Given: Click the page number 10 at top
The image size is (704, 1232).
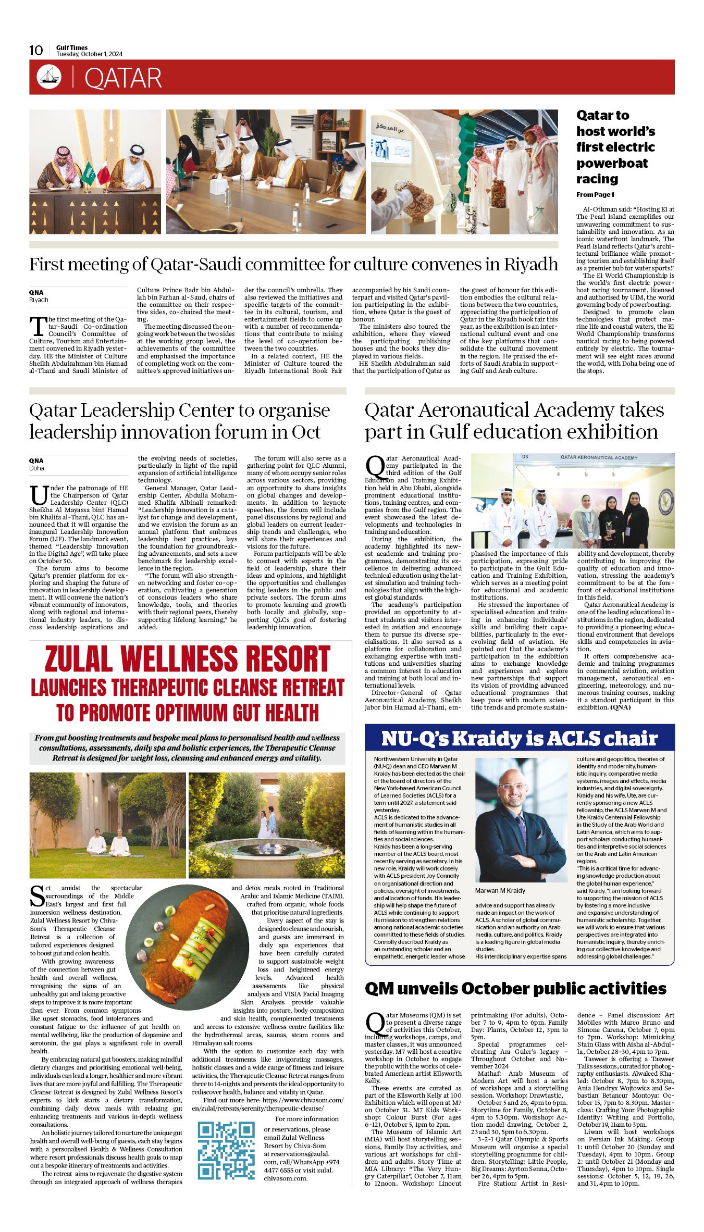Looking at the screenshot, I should [36, 50].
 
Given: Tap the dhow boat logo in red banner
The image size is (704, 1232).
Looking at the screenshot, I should [49, 77].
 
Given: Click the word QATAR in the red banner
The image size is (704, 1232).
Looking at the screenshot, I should [123, 78].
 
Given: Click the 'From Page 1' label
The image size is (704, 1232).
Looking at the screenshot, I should [595, 195].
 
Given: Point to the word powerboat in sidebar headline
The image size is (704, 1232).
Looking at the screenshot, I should [612, 163].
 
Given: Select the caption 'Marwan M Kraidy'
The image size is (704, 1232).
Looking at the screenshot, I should [500, 891].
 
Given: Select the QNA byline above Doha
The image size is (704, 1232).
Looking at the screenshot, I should [36, 461].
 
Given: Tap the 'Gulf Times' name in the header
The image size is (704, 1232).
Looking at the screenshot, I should [72, 47].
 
